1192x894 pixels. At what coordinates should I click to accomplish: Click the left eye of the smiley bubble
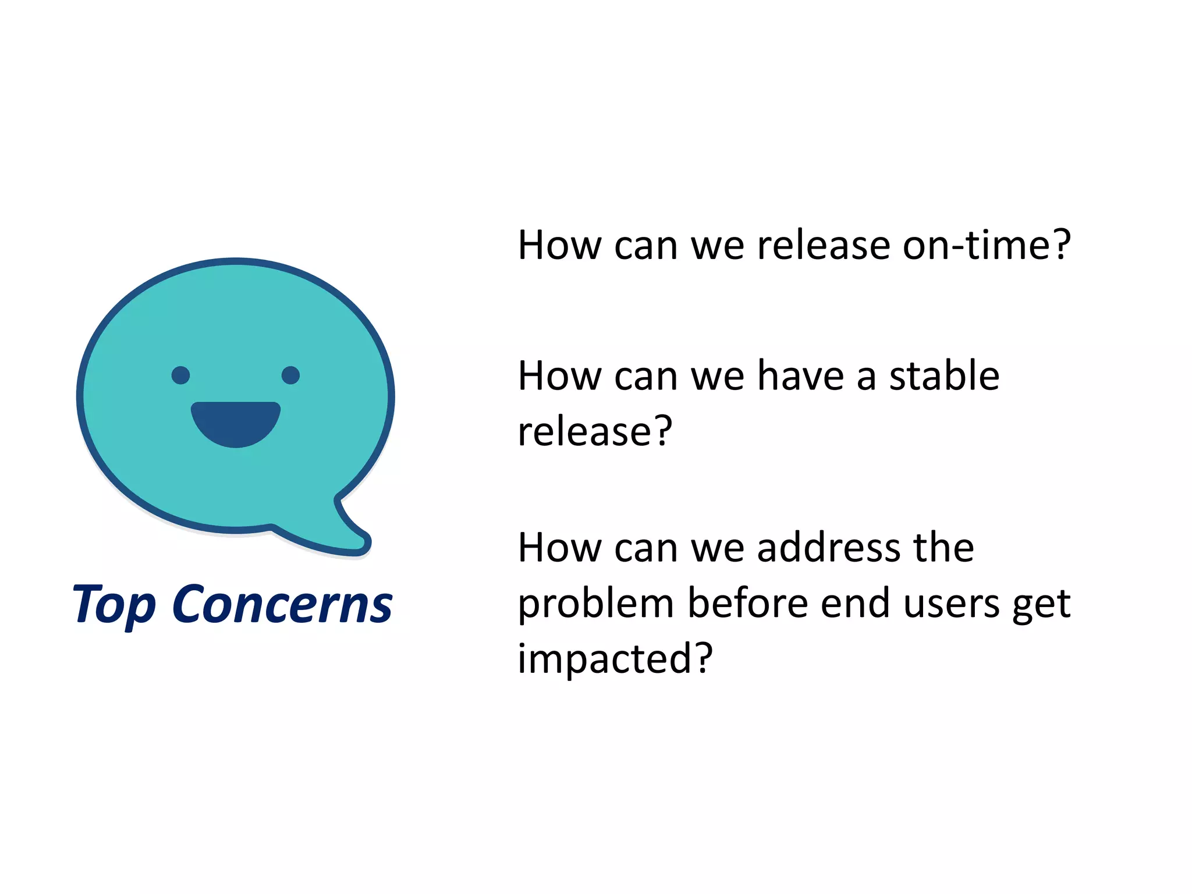[180, 375]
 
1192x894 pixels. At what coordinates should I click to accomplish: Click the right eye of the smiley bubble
[290, 375]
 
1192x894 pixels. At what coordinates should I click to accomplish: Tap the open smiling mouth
[236, 422]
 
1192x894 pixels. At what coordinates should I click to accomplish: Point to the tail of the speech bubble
[349, 533]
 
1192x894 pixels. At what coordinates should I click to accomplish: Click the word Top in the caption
[113, 605]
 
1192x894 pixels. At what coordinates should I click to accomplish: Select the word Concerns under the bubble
[282, 605]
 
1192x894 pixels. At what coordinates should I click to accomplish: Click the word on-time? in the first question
[987, 245]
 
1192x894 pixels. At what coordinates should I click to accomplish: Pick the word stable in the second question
[944, 376]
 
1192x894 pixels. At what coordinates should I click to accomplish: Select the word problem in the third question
[595, 604]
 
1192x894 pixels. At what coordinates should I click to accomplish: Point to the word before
[748, 604]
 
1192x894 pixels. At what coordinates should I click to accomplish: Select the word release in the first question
[824, 245]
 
